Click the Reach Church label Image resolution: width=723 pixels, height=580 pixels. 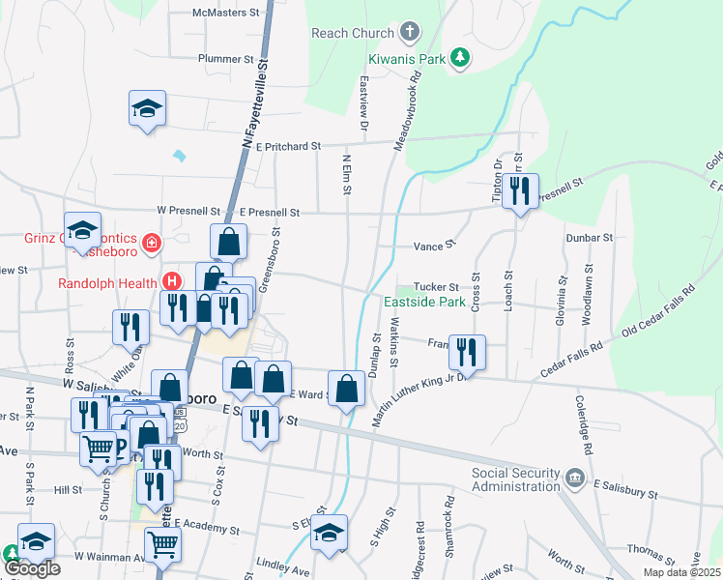pos(353,33)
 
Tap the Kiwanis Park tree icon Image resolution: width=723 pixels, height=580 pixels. pos(462,59)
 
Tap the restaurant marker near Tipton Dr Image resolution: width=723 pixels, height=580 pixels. pos(520,192)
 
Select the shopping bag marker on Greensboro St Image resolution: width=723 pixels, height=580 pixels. pos(229,242)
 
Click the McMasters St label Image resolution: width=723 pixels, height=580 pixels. pos(227,14)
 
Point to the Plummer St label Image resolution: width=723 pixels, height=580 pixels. pos(224,59)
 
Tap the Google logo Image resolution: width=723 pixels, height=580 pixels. pos(32,567)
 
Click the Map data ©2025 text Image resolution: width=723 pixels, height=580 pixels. pos(680,572)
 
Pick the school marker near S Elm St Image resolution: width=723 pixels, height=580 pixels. pos(330,536)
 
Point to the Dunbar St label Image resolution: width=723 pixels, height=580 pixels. pos(594,237)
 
